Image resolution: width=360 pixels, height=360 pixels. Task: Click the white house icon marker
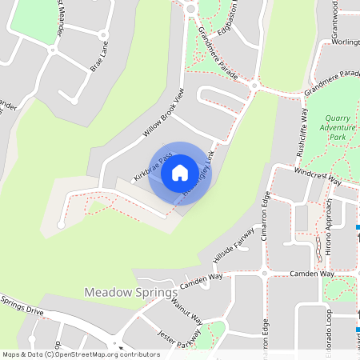pyautogui.click(x=180, y=172)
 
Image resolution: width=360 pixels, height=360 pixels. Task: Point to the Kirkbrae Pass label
pyautogui.click(x=153, y=166)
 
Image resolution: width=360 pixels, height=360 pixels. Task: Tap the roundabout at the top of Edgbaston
pyautogui.click(x=190, y=9)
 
